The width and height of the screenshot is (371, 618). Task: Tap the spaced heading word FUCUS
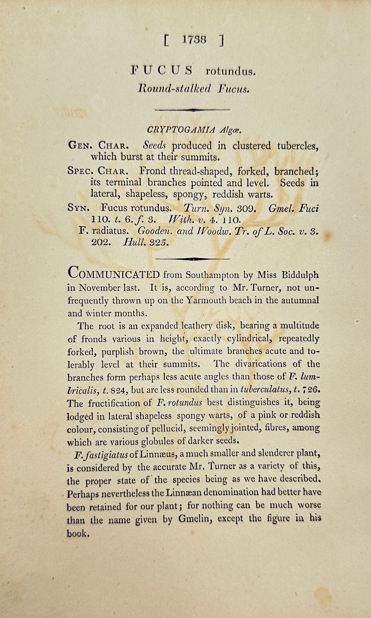point(162,71)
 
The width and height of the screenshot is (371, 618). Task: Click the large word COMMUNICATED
point(114,274)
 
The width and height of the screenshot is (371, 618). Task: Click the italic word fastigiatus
point(103,454)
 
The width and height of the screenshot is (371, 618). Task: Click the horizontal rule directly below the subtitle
point(192,110)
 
